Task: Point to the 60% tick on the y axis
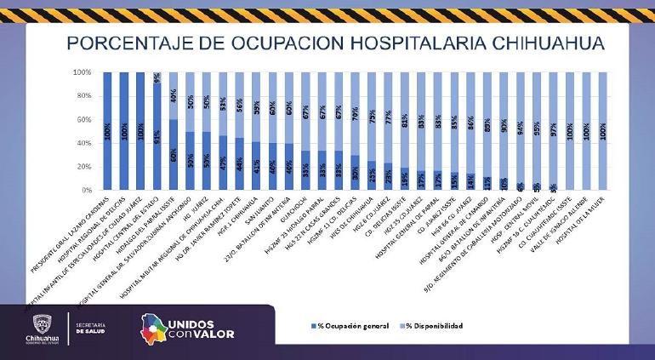click(83, 120)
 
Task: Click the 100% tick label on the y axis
click(81, 73)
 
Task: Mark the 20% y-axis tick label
click(83, 167)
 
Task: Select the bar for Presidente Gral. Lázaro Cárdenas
click(107, 131)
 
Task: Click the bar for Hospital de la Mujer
click(602, 131)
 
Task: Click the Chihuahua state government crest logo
click(43, 325)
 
